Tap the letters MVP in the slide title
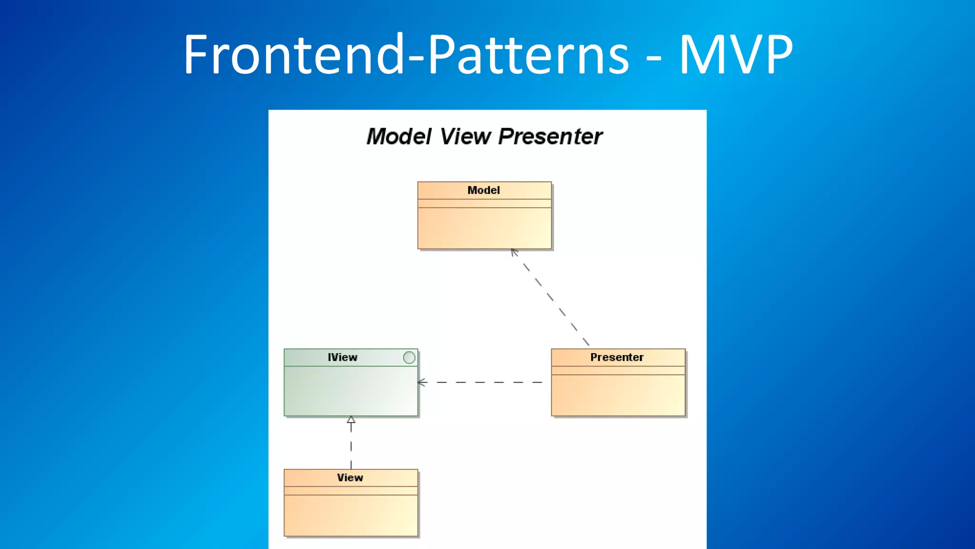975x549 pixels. (x=736, y=55)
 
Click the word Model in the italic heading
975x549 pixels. (x=399, y=137)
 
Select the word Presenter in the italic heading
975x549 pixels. (x=550, y=137)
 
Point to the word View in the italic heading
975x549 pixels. (x=465, y=137)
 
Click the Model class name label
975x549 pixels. (x=484, y=191)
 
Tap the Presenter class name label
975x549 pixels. (x=617, y=357)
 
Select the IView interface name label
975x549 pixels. (x=342, y=357)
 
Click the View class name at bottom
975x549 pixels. (x=350, y=478)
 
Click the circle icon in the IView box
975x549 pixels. (x=409, y=358)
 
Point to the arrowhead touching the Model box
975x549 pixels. (x=514, y=252)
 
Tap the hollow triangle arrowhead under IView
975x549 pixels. (x=351, y=420)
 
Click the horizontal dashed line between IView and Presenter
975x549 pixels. (x=486, y=382)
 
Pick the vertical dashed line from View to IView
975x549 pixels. (x=351, y=448)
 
